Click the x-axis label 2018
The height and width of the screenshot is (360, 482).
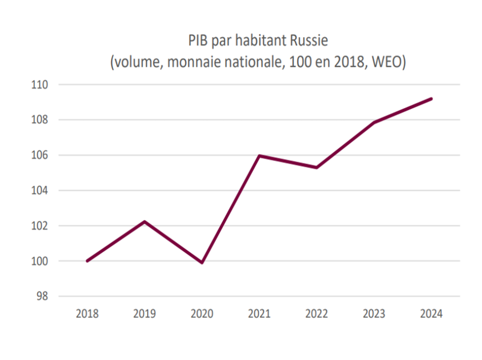tap(87, 314)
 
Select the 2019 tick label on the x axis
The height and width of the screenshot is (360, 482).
tap(145, 314)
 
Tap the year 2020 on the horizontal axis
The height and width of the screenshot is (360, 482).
tap(202, 314)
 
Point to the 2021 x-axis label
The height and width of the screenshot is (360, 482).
tap(259, 314)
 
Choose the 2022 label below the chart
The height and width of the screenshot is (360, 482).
tap(317, 314)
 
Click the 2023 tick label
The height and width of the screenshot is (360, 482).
tap(374, 314)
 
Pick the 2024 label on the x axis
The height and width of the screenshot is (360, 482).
tap(431, 314)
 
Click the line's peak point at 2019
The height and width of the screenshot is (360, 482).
tap(145, 222)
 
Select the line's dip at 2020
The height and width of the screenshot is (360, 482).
tap(202, 263)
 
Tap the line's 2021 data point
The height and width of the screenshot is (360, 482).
tap(259, 156)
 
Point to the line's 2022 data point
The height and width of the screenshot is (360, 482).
tap(317, 167)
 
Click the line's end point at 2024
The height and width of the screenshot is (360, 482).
tap(431, 99)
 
